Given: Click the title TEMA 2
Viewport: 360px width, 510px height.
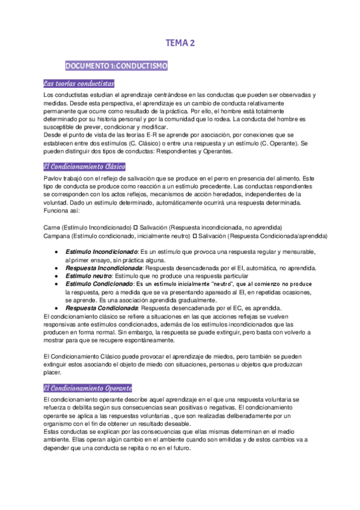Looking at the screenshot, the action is click(x=180, y=43).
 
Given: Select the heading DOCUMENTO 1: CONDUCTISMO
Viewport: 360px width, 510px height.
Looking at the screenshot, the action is click(x=116, y=65).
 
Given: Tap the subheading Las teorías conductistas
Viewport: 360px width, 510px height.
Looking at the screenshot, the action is click(x=79, y=84).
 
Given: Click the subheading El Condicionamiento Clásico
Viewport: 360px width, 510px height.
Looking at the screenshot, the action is click(x=85, y=167).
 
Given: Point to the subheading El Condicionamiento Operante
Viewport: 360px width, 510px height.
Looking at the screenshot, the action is click(x=88, y=388).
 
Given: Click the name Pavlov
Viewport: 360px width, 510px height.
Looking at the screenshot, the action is click(x=54, y=179).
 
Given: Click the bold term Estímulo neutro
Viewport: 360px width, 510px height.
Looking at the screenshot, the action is click(x=88, y=275).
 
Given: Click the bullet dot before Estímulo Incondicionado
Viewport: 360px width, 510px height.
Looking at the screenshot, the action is click(x=56, y=251).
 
